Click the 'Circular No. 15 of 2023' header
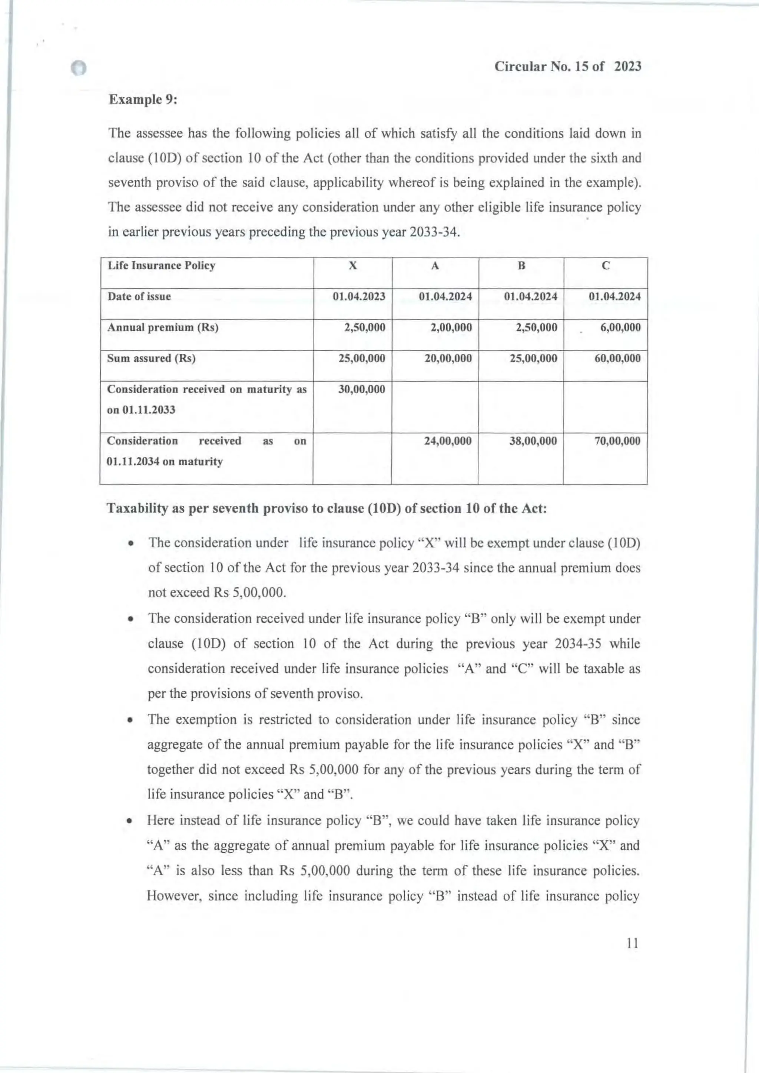point(567,67)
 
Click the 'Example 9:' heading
point(143,100)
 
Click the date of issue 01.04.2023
point(359,296)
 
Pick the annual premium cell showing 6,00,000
point(620,327)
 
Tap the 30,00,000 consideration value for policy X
point(362,389)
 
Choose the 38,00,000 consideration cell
point(533,441)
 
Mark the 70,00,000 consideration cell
point(617,441)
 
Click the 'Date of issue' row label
point(139,296)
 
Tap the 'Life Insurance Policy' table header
point(161,265)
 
